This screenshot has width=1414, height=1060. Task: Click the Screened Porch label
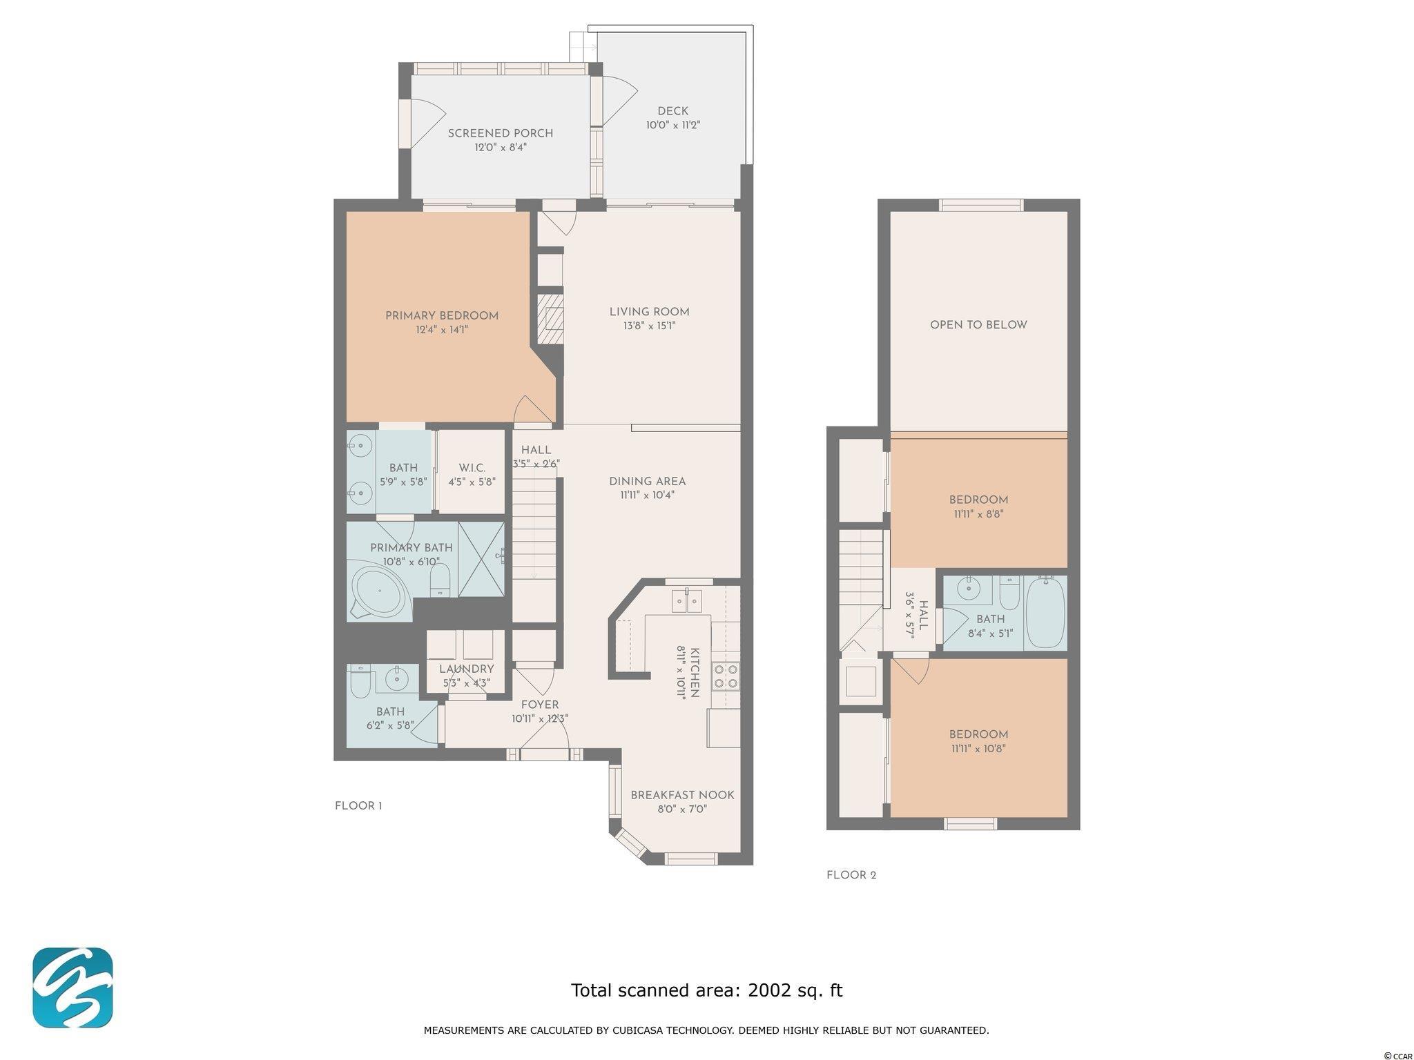[x=501, y=133]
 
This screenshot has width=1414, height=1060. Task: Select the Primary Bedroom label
[x=442, y=316]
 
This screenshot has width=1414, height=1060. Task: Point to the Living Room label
[x=650, y=312]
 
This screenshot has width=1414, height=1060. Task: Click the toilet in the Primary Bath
[x=440, y=580]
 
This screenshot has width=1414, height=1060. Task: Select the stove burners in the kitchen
[x=725, y=676]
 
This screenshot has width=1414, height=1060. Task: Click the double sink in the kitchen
[x=687, y=601]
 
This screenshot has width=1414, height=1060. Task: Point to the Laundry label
[x=467, y=669]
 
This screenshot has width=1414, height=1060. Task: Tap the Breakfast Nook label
[x=683, y=795]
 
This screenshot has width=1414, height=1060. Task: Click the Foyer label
[x=540, y=705]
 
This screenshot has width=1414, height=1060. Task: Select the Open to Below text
[x=978, y=325]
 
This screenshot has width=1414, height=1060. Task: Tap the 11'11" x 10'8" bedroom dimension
[x=978, y=748]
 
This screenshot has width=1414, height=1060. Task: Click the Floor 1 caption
[x=358, y=806]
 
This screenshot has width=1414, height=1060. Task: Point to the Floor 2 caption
[x=851, y=875]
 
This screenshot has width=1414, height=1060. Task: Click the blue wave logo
[x=72, y=988]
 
